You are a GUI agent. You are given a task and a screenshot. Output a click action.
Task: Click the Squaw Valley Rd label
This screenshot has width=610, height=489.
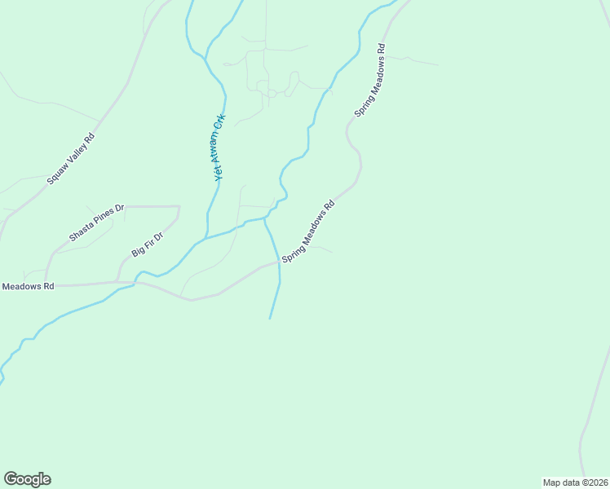pos(71,158)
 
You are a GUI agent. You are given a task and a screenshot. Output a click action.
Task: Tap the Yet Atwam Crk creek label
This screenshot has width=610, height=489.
pos(219,147)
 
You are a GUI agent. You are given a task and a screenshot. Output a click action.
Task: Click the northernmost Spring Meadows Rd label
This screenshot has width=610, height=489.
pos(369,78)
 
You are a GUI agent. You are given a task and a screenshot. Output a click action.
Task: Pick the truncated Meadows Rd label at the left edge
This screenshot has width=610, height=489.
pos(28,286)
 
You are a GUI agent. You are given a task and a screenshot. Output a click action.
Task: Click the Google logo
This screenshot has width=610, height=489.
pos(27,479)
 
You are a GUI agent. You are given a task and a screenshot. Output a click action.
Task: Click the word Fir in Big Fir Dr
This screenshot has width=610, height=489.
pos(148,244)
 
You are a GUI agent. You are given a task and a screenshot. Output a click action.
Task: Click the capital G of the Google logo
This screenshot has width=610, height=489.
pos(11,479)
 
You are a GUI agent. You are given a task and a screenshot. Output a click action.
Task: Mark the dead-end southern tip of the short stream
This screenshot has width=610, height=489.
pos(270,318)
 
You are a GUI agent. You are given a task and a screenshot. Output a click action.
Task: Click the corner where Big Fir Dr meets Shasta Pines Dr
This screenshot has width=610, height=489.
pos(179,207)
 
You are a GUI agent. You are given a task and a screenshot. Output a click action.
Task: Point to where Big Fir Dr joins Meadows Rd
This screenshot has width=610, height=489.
pos(117,282)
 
